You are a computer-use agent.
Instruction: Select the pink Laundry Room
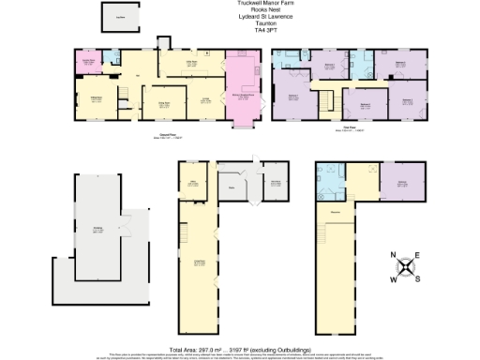pos(91,62)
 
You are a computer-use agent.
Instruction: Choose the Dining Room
pos(162,105)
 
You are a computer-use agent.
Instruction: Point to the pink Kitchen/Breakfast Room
pos(246,94)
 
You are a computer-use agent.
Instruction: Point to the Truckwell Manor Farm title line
pos(240,4)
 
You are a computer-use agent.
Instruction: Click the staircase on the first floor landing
pos(327,99)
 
